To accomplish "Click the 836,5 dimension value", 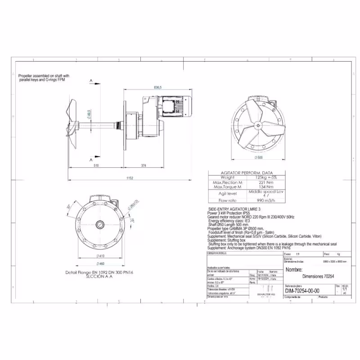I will (x=157, y=86).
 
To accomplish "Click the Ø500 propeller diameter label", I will (x=258, y=158).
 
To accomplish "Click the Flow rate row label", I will (x=227, y=200).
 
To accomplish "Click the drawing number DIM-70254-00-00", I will (x=302, y=291).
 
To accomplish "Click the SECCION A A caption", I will (x=96, y=277).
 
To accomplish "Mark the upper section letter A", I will (x=91, y=81).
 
